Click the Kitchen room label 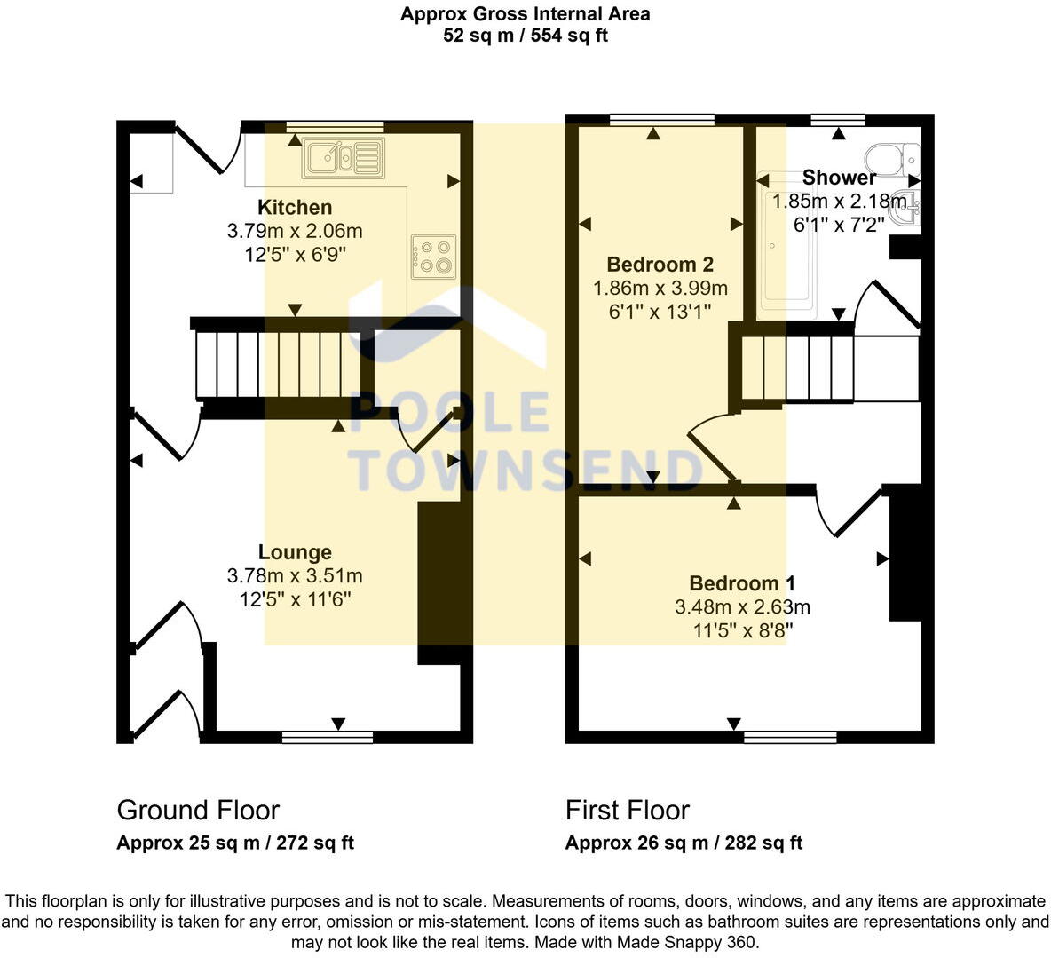295,208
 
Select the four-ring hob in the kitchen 433,256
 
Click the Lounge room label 295,552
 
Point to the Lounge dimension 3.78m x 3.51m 295,576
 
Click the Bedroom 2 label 660,265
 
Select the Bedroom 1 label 742,583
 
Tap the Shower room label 839,178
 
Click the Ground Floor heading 198,810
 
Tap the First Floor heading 628,810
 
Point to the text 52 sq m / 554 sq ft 525,36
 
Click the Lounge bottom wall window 328,737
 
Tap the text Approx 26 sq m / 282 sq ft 684,843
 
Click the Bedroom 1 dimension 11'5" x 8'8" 742,631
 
